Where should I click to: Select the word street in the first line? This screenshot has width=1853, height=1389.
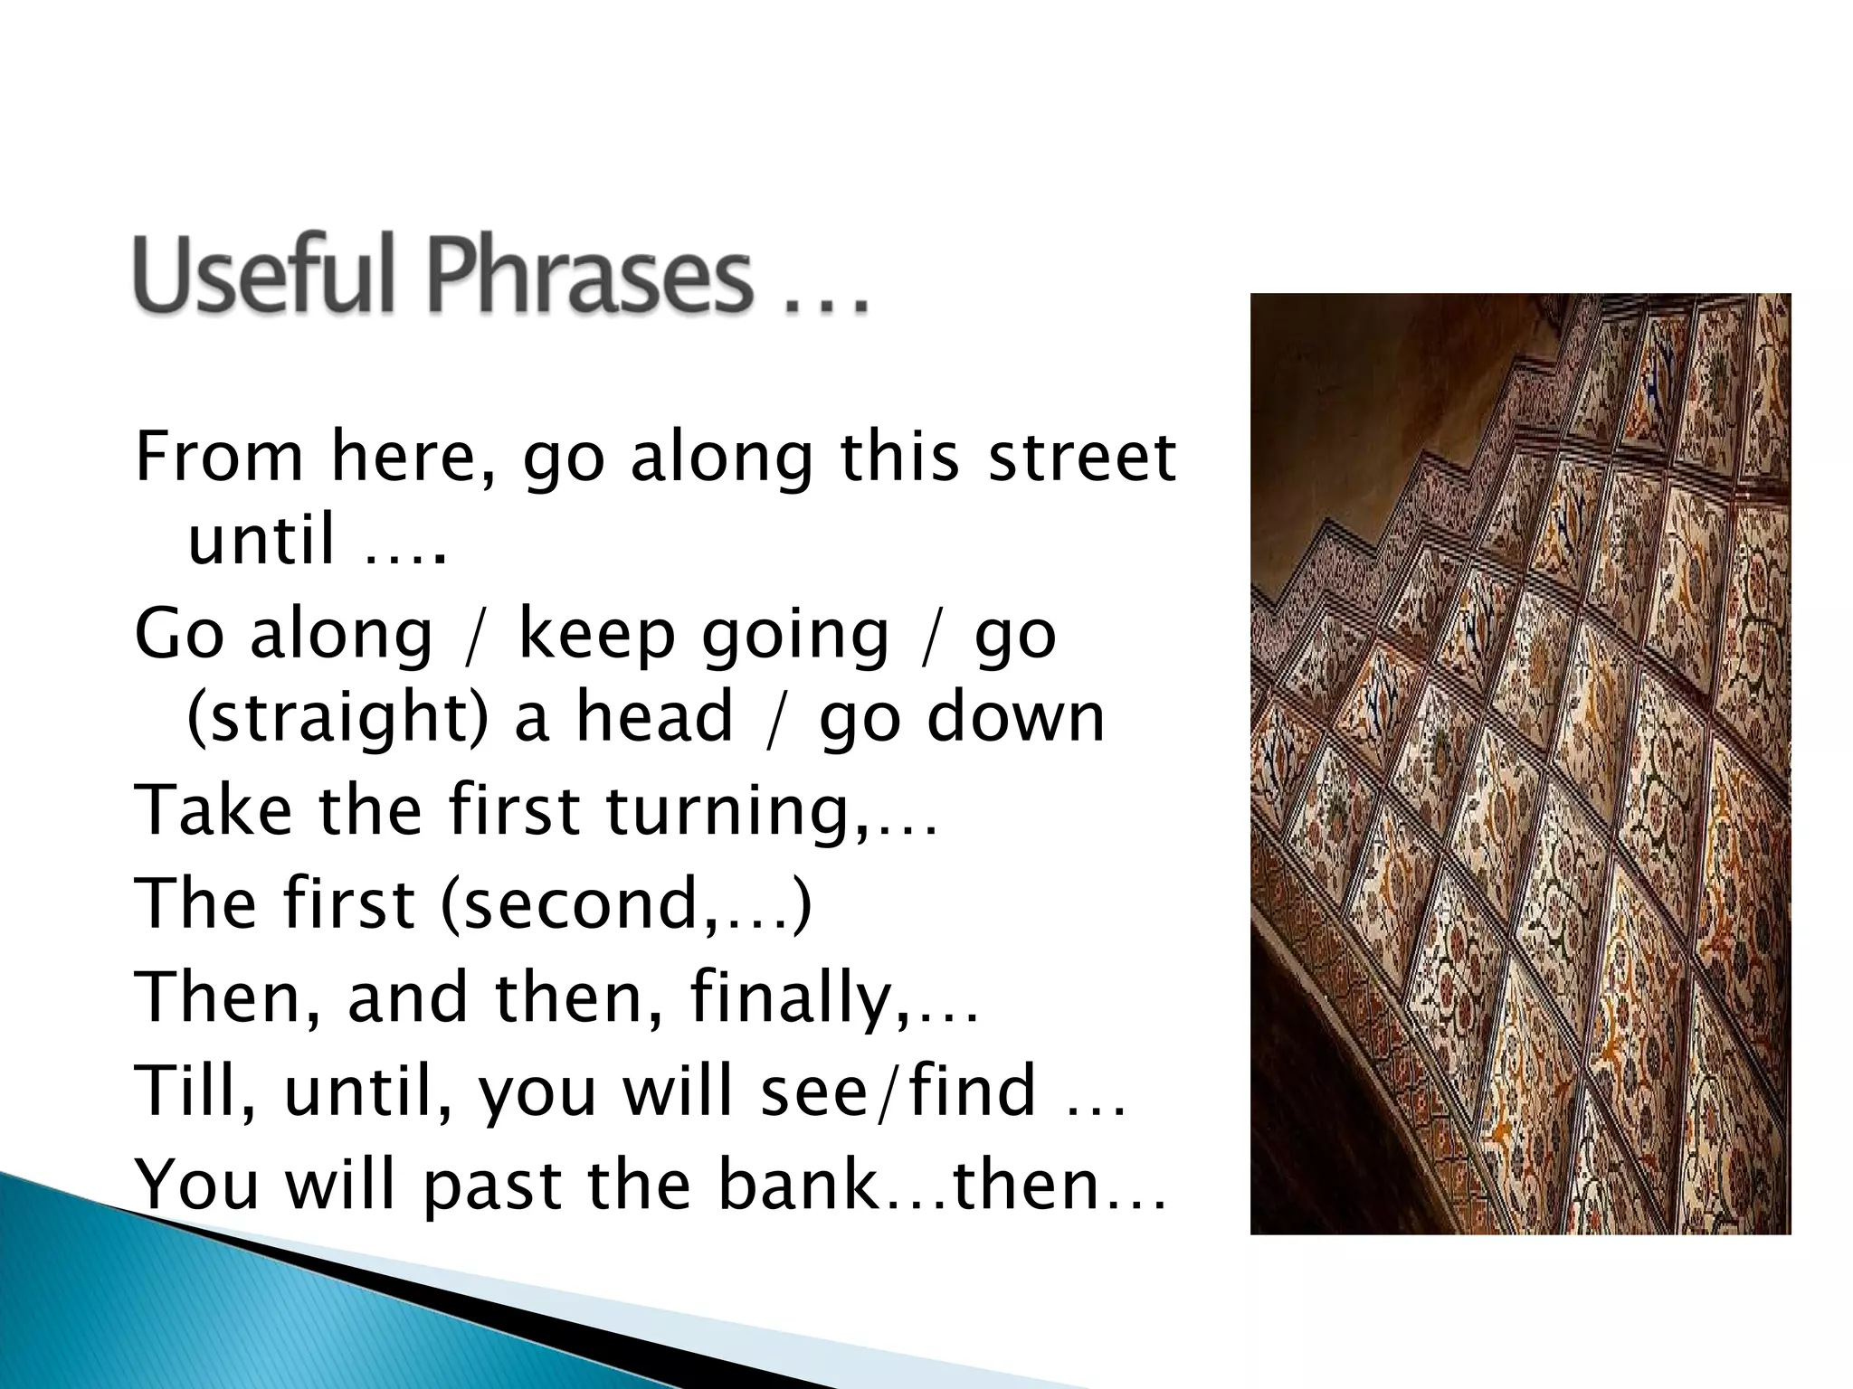[1082, 456]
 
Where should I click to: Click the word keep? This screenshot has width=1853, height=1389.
[597, 635]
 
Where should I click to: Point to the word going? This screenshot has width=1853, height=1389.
[796, 637]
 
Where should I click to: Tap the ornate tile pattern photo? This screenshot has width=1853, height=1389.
[1520, 763]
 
